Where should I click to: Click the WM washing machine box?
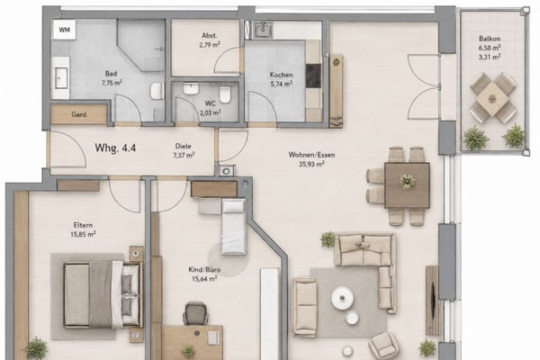[65, 30]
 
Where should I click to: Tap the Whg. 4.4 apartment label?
[115, 148]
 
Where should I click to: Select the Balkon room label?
[490, 39]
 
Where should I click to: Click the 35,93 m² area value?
[311, 164]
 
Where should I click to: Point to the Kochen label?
[282, 75]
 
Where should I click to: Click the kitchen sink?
[264, 30]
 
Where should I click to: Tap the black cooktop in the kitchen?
[313, 76]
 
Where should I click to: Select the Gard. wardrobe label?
[79, 114]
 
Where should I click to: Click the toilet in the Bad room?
[157, 91]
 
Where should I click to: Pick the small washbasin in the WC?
[190, 88]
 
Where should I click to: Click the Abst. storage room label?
[210, 35]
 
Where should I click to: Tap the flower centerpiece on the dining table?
[407, 181]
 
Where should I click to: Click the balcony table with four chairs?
[493, 98]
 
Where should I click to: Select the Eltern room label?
[83, 225]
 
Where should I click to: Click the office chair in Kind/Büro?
[195, 313]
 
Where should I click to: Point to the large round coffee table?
[342, 297]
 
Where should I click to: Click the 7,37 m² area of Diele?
[184, 156]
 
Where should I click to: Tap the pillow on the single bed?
[233, 206]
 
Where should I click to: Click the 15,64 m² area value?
[204, 278]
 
